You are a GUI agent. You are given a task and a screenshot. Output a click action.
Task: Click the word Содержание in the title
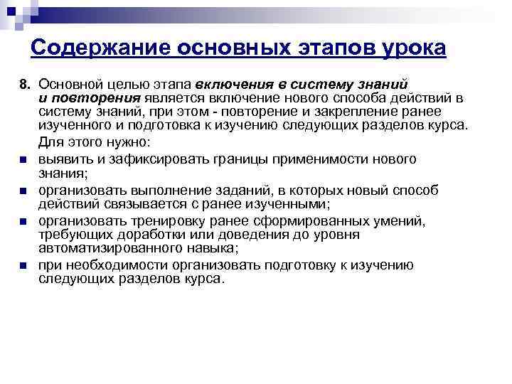(92, 48)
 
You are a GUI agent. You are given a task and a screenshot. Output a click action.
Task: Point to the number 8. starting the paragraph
(26, 85)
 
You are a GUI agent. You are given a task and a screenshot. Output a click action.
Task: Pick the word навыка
(210, 248)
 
